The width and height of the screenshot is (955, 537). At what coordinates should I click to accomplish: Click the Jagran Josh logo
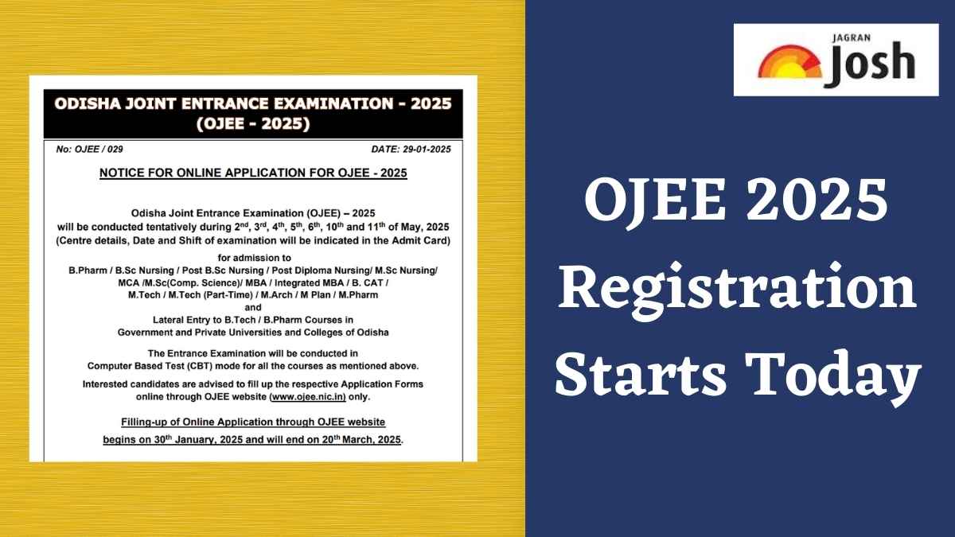pos(836,60)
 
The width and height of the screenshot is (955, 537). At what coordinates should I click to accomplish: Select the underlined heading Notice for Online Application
pos(253,173)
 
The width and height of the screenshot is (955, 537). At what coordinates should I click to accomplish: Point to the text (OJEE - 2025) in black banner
pos(253,123)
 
